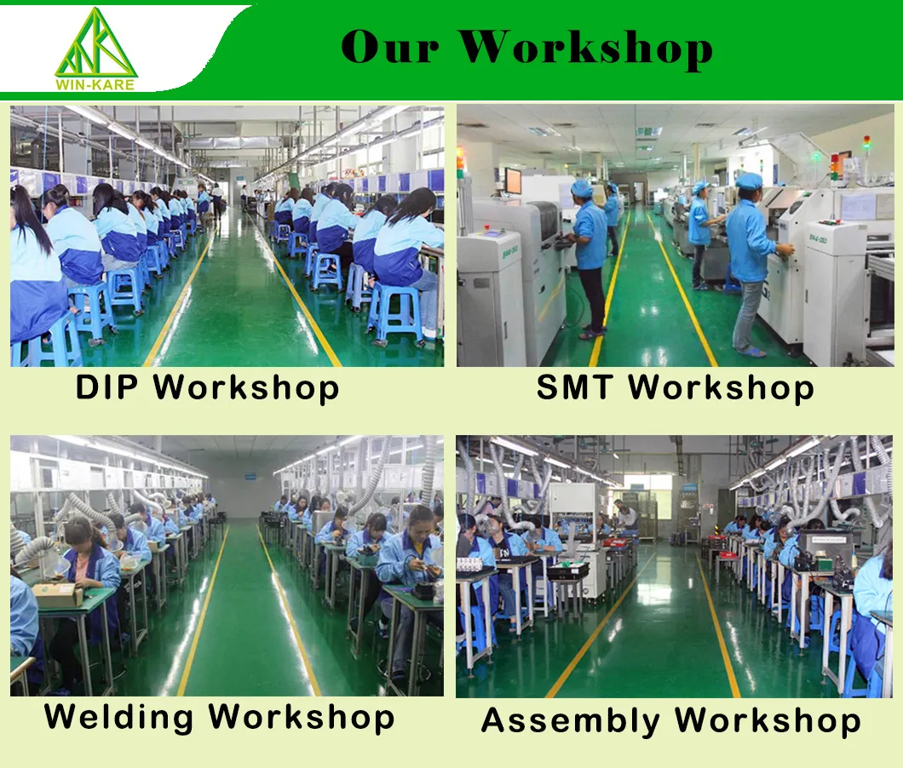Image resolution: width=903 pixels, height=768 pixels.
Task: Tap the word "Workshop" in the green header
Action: coord(588,49)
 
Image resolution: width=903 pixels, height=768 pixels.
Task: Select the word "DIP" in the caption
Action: coord(108,387)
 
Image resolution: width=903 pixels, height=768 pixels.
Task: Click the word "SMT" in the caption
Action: coord(574,387)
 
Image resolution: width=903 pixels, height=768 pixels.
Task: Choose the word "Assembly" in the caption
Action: coord(572,721)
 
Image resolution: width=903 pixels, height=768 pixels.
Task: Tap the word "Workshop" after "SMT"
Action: coord(721,387)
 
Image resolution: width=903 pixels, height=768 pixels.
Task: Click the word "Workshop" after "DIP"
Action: coord(246,387)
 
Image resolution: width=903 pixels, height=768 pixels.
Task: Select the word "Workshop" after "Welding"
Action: coord(302,716)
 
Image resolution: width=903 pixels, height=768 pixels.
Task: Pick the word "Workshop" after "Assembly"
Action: coord(768,721)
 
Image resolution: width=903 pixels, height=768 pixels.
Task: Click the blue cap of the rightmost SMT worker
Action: coord(749,181)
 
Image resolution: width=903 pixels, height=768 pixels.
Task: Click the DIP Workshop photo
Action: coord(227,236)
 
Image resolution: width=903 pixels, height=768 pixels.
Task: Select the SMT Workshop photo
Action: coord(675,236)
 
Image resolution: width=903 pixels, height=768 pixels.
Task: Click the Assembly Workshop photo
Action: coord(675,566)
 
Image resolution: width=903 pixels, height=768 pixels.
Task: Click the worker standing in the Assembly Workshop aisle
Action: coord(627,514)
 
